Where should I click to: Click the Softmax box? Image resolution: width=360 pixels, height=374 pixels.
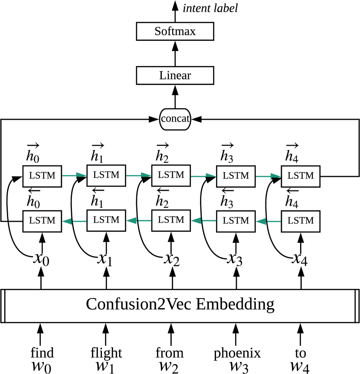[x=175, y=31]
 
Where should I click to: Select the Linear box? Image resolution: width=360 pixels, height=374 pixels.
[x=175, y=75]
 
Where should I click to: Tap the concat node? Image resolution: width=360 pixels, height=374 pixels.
[x=175, y=119]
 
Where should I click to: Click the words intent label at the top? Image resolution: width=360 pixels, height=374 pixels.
[x=210, y=8]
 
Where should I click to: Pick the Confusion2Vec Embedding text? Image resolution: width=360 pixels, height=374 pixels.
[x=180, y=305]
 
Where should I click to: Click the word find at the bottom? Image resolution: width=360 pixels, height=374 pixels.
[x=42, y=353]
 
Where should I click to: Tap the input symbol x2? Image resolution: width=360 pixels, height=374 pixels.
[x=172, y=259]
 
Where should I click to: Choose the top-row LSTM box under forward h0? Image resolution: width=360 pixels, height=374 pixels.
[x=42, y=176]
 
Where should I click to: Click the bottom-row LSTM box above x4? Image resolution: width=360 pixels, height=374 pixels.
[x=301, y=221]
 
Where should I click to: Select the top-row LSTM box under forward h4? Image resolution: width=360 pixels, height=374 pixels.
[x=301, y=176]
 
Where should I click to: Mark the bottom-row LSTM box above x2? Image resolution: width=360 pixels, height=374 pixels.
[x=171, y=220]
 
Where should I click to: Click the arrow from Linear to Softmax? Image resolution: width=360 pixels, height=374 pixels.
[x=175, y=53]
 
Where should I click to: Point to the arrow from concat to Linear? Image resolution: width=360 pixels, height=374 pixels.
[x=175, y=97]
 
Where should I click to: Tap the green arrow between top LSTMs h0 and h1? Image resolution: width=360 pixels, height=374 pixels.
[x=74, y=176]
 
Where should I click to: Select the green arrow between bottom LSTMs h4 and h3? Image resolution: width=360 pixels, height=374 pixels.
[x=268, y=221]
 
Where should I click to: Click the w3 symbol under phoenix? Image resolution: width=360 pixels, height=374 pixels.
[x=239, y=367]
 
